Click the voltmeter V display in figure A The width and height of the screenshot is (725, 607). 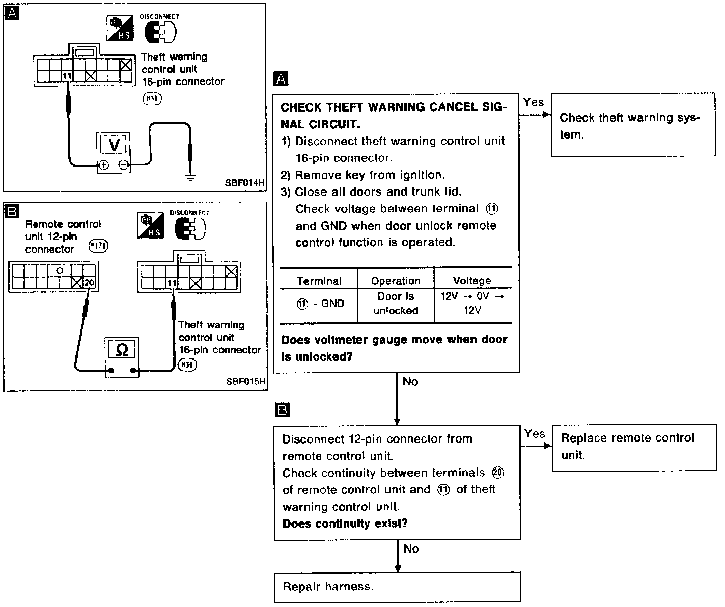114,145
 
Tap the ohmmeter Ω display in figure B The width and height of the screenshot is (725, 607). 122,350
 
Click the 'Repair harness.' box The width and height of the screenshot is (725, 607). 397,587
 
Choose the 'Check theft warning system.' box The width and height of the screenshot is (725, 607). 633,125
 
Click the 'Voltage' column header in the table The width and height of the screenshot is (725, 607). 472,280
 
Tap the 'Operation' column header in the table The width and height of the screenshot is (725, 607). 396,281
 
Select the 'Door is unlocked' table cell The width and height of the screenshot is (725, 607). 396,303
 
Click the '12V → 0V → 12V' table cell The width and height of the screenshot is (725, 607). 472,303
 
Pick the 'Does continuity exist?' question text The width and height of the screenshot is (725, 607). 345,523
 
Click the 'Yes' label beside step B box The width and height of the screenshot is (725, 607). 535,434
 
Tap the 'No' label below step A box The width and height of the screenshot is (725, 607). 410,381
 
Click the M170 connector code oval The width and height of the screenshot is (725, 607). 98,246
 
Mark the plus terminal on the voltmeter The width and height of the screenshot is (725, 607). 103,165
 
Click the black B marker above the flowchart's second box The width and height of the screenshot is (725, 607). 282,410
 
